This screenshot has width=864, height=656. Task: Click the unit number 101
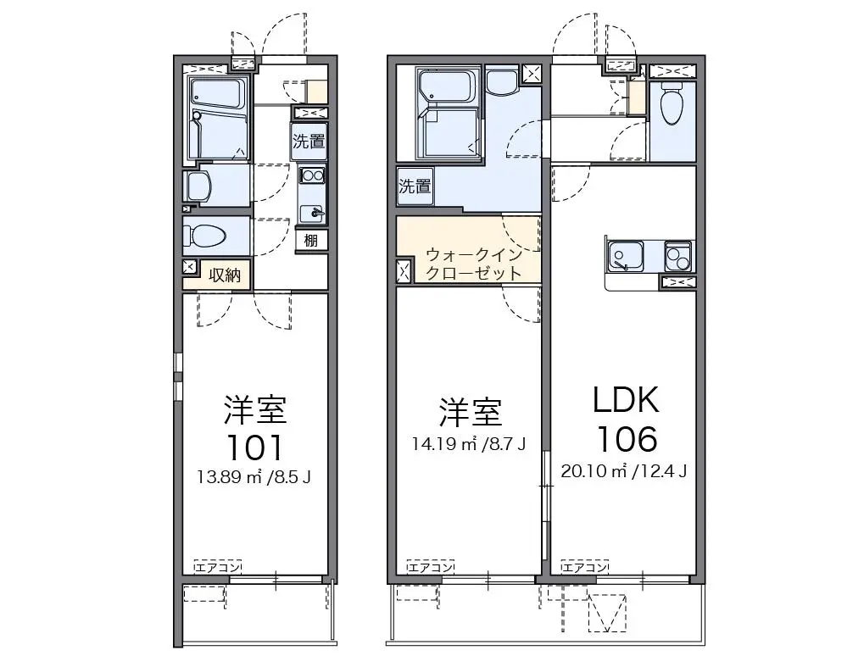(x=254, y=448)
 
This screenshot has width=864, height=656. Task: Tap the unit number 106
(x=627, y=439)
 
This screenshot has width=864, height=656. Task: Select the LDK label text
(x=626, y=400)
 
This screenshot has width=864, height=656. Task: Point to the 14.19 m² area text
(x=444, y=444)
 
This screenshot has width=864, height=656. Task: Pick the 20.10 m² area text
(x=594, y=471)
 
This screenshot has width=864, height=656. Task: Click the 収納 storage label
(x=225, y=275)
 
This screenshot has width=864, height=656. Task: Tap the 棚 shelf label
(x=311, y=240)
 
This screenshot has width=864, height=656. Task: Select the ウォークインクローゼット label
(x=475, y=264)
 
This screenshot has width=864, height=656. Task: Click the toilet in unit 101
(x=205, y=236)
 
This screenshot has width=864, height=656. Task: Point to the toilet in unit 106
(x=672, y=103)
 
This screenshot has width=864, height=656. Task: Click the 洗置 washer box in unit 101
(x=309, y=142)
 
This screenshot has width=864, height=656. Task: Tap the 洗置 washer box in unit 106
(x=415, y=186)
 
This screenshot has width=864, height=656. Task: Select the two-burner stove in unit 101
(x=312, y=175)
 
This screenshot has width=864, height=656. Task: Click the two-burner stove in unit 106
(x=678, y=256)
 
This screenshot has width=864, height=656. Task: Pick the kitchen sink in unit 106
(x=626, y=257)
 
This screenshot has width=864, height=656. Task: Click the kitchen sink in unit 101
(x=312, y=212)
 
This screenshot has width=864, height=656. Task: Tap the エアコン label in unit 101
(x=218, y=567)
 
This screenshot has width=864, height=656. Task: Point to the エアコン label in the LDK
(x=585, y=567)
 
